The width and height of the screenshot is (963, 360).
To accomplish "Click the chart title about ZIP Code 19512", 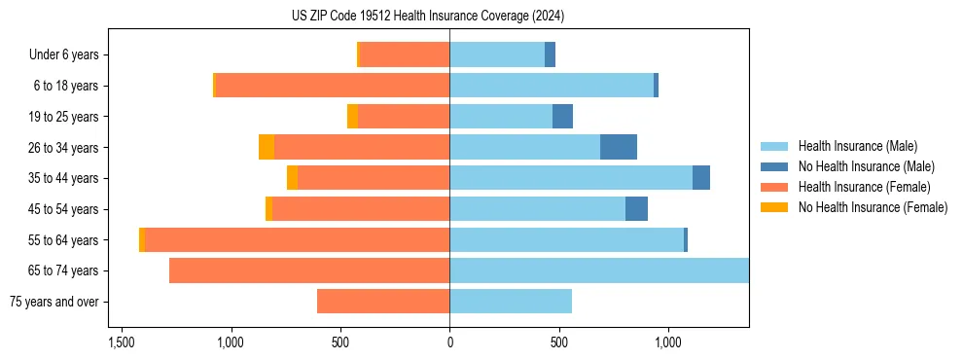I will coord(428,16).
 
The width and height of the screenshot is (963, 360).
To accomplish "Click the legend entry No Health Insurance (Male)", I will coord(866,166).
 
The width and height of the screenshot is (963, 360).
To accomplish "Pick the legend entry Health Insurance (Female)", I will coord(865,187).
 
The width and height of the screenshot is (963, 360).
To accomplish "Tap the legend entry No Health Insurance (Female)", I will coord(873,207).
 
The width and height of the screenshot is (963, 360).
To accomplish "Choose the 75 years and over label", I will coord(53,302).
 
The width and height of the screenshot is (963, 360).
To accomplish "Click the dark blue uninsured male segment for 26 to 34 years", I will coord(619,147).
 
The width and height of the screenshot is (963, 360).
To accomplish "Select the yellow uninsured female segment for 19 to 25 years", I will coord(352,117).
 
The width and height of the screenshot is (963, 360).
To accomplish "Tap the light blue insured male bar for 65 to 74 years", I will coord(598,270).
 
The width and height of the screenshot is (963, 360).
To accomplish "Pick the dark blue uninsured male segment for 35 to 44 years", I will coord(701,178).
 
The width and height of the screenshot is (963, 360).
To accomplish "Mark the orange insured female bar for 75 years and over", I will coord(383,302).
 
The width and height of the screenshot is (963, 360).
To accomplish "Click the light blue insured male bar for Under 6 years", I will coord(496,54).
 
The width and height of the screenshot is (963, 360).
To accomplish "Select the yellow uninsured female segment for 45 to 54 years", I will coord(268,209).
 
